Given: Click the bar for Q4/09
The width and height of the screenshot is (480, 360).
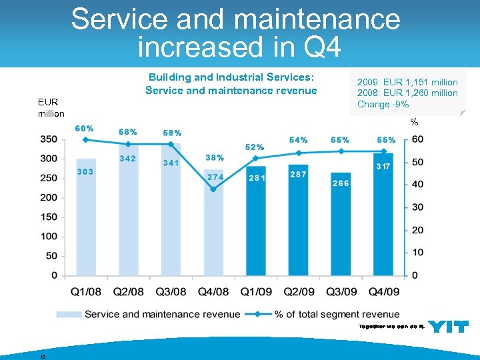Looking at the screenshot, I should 383,213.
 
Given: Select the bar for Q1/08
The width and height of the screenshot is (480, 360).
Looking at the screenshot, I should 86,217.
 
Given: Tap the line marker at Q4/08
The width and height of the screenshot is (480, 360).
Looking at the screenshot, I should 213,189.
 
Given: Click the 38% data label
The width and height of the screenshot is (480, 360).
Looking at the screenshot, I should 214,158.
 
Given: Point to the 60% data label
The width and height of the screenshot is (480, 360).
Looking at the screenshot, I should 84,128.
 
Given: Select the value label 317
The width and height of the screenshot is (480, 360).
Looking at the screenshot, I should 383,166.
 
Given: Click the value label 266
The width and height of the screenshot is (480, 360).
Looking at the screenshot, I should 341,183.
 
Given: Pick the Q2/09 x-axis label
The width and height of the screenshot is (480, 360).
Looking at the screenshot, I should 299,291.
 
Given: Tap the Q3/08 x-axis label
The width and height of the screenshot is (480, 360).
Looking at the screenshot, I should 172,291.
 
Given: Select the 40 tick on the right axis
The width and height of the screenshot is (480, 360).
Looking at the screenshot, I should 417,185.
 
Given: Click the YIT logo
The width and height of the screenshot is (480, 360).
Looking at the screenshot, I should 448,326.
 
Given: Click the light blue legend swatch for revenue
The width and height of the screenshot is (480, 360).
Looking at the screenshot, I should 69,314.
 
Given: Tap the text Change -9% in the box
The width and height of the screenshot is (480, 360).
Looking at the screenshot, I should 383,104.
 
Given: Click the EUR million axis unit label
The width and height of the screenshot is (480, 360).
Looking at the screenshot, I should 51,108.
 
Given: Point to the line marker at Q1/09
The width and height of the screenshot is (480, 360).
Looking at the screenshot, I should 256,158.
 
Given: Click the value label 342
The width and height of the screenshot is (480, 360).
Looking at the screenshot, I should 127,158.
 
